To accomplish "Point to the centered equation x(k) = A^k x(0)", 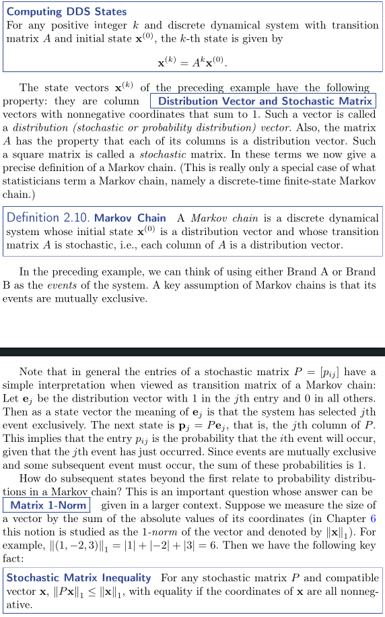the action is [192, 63].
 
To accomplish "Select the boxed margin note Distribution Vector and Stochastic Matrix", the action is [262, 101].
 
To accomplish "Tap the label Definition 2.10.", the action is [48, 218].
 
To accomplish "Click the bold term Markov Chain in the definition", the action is [130, 218].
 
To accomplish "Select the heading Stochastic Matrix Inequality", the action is [79, 578].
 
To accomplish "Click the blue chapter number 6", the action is [372, 519].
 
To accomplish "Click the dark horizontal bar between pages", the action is [193, 351].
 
